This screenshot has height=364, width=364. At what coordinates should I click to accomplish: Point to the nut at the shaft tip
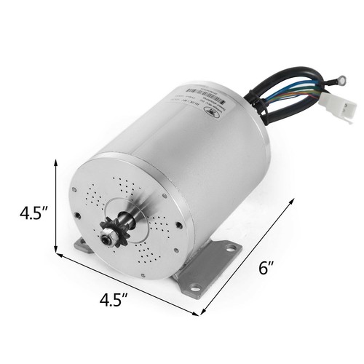[108, 236]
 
